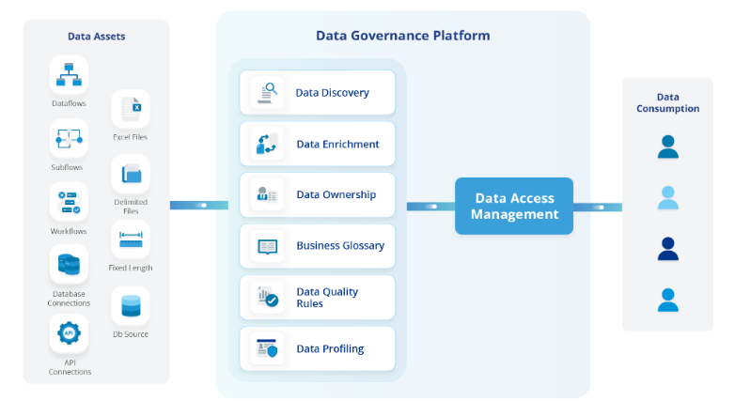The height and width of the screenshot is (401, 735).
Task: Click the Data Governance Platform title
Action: pyautogui.click(x=402, y=36)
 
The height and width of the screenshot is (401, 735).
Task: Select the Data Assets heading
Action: pyautogui.click(x=96, y=37)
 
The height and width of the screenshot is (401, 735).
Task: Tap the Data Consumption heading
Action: pyautogui.click(x=667, y=102)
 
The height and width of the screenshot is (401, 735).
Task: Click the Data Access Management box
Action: pyautogui.click(x=514, y=206)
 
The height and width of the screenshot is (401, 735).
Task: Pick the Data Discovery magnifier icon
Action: pyautogui.click(x=267, y=92)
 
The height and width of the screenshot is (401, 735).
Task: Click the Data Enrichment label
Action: pyautogui.click(x=337, y=144)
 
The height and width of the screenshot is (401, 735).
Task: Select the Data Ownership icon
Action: pyautogui.click(x=267, y=195)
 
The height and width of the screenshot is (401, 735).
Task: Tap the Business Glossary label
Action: pyautogui.click(x=340, y=245)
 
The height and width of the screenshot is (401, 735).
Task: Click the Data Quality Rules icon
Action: pyautogui.click(x=267, y=298)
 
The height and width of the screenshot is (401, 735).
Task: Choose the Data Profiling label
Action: pyautogui.click(x=330, y=348)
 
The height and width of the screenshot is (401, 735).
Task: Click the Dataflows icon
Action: pyautogui.click(x=69, y=75)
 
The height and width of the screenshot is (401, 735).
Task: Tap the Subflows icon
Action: pyautogui.click(x=69, y=140)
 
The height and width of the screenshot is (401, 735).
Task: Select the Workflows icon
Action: pyautogui.click(x=69, y=202)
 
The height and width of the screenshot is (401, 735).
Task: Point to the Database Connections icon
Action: pyautogui.click(x=69, y=265)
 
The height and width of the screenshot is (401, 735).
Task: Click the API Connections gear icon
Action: pyautogui.click(x=69, y=333)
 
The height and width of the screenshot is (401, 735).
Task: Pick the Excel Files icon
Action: pyautogui.click(x=131, y=108)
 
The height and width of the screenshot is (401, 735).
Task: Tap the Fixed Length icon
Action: pyautogui.click(x=131, y=240)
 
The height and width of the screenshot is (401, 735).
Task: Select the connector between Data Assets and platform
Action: pyautogui.click(x=198, y=205)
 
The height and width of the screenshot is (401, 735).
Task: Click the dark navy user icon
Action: pyautogui.click(x=667, y=249)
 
